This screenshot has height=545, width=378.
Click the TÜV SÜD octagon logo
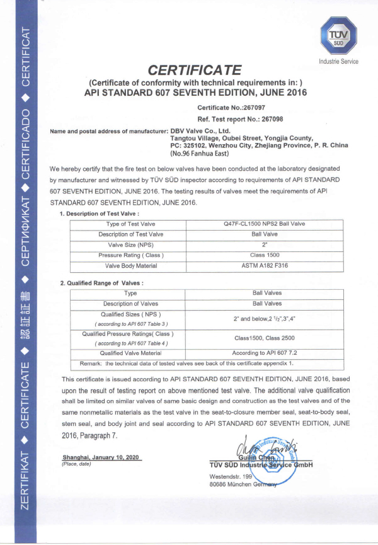point(338,36)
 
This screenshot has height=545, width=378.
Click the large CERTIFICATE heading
point(195,69)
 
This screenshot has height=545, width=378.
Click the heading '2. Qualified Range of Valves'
point(101,283)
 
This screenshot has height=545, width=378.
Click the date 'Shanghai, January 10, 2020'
point(101,457)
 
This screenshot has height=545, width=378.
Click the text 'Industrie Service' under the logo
point(339,62)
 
